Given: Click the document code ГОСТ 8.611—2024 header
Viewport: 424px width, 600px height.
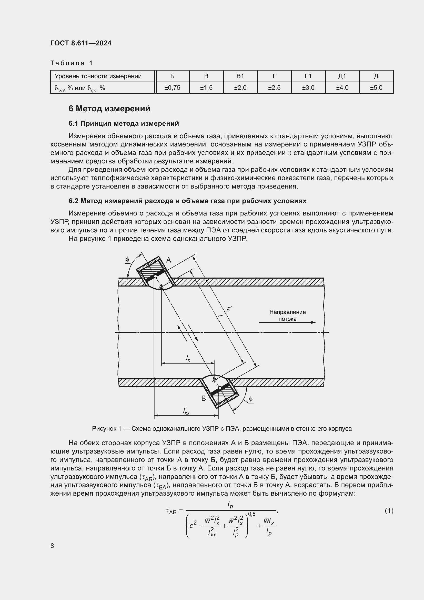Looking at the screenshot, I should (81, 43).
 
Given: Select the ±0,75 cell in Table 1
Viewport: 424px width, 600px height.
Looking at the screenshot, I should (172, 88).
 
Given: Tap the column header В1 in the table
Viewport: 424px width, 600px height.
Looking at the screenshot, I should (240, 76).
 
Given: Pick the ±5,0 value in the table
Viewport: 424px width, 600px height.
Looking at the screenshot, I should (376, 88).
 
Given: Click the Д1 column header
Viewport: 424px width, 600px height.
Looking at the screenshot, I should (342, 76).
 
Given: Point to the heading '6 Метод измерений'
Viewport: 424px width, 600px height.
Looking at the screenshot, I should (109, 109).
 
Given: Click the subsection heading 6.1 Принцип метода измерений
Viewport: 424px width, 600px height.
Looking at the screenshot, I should (124, 123).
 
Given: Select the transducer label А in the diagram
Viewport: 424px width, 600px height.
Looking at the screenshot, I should (169, 260).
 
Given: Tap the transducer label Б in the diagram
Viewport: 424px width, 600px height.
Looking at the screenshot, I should (203, 399).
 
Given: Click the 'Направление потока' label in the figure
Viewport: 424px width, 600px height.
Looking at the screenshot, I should (287, 315).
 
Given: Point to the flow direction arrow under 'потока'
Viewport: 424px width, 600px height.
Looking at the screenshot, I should (287, 322).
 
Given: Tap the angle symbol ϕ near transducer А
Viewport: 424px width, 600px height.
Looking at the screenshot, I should (127, 260).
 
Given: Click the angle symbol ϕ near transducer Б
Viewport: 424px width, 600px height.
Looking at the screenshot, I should (251, 399).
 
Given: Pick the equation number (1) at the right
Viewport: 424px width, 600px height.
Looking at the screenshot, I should (389, 511).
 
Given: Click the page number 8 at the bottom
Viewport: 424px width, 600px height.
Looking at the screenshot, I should (52, 546).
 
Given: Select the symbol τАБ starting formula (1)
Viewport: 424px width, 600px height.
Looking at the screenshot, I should (171, 511).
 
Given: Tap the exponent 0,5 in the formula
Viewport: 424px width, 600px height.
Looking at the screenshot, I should (252, 514).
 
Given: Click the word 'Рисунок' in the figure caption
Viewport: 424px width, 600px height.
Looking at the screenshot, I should (104, 429).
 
